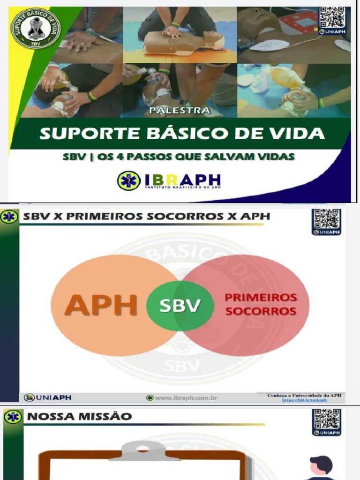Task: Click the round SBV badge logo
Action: click(36, 28)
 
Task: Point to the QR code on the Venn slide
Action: click(327, 219)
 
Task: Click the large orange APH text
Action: click(100, 305)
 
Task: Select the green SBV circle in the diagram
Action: click(180, 306)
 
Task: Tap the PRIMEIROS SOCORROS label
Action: click(261, 304)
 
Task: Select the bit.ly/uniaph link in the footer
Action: click(304, 400)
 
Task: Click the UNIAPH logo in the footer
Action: click(48, 397)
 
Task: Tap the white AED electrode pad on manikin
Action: click(269, 45)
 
